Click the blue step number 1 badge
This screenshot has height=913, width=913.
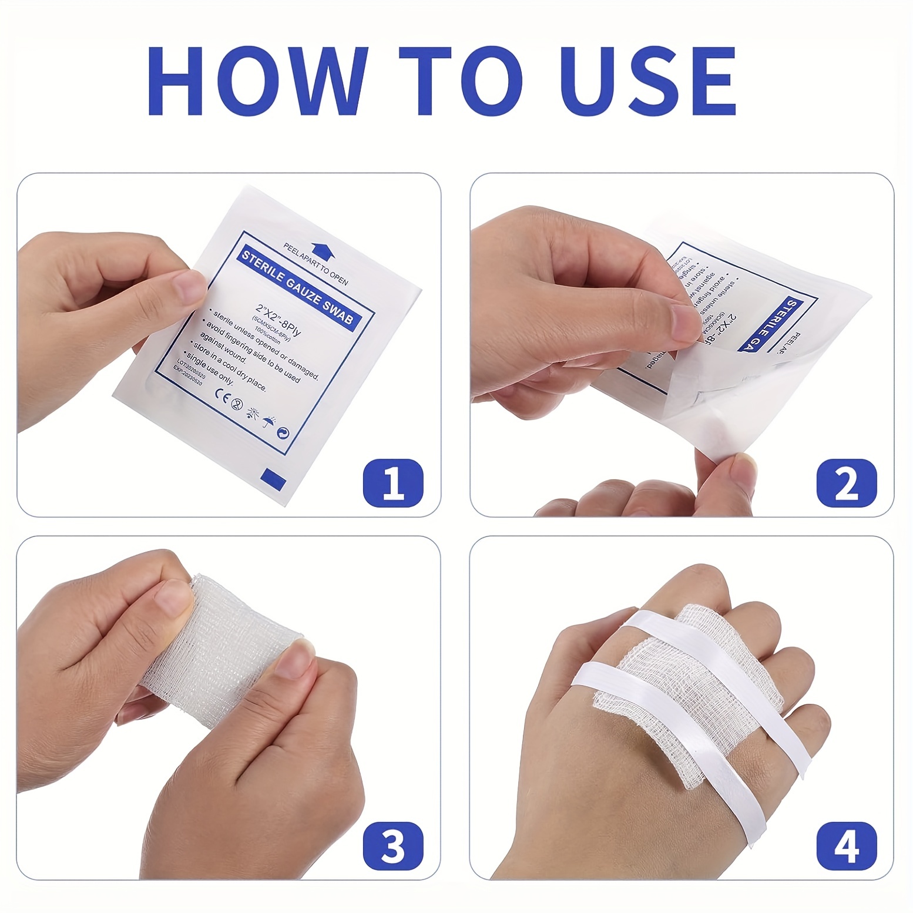pos(393,483)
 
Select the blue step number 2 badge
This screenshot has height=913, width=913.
pos(846,483)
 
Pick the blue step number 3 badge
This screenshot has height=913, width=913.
pos(393,845)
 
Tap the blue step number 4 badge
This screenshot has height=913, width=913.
pos(846,845)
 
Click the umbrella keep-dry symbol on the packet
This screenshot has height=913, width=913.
pos(268,421)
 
